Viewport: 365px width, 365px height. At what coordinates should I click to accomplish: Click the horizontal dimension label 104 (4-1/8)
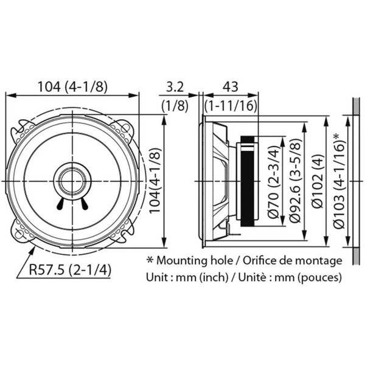pyautogui.click(x=72, y=86)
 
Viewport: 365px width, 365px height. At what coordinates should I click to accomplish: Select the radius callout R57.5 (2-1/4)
pyautogui.click(x=61, y=268)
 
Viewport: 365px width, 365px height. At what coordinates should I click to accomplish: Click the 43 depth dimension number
pyautogui.click(x=229, y=86)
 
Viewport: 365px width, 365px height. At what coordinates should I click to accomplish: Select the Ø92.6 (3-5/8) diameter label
pyautogui.click(x=295, y=182)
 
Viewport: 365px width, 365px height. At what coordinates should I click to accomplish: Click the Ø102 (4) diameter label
pyautogui.click(x=317, y=182)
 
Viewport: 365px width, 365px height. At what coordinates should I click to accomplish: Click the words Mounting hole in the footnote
pyautogui.click(x=191, y=260)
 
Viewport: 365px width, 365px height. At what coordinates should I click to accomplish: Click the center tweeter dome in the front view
pyautogui.click(x=72, y=181)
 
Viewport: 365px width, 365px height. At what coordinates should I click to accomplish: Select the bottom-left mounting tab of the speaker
pyautogui.click(x=23, y=234)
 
